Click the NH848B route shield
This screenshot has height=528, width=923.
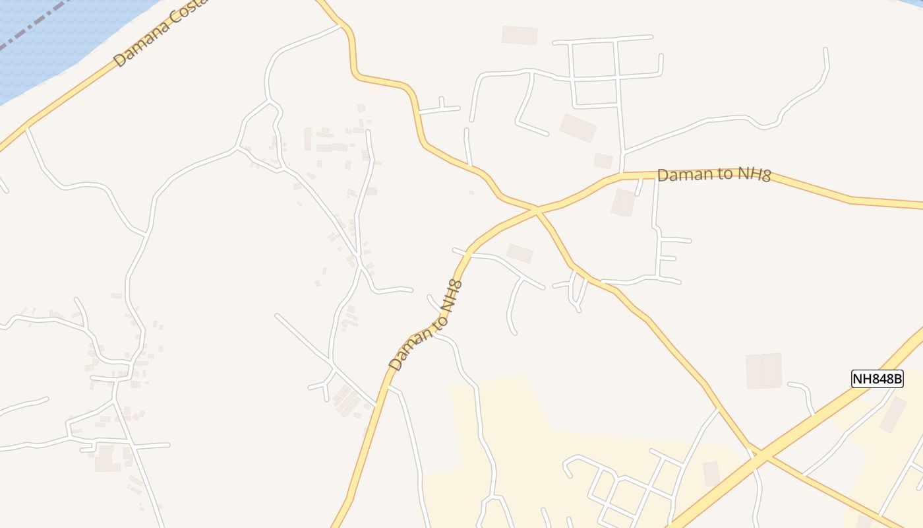click(877, 379)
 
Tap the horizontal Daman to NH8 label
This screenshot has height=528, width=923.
click(714, 174)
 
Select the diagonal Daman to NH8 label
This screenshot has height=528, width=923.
click(425, 325)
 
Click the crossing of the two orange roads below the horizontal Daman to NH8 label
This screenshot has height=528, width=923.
click(536, 211)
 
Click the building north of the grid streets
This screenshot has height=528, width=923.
click(520, 35)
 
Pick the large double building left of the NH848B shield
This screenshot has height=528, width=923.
click(763, 371)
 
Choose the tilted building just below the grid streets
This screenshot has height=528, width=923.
click(578, 128)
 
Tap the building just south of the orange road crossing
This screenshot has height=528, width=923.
click(520, 253)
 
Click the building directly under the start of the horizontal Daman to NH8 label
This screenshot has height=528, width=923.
click(623, 203)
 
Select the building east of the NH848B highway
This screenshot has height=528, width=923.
click(893, 414)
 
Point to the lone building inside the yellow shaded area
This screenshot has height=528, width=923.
click(711, 474)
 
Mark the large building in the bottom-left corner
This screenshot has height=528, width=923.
click(107, 458)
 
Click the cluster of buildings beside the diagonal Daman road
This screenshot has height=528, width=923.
click(346, 401)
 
